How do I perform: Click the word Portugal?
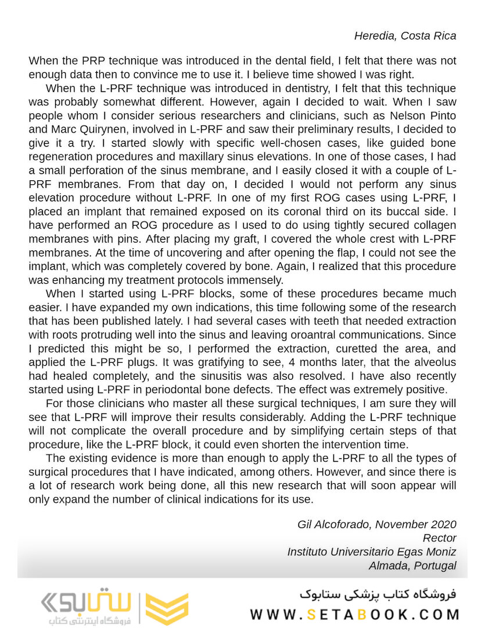436,566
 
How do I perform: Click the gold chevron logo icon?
167,609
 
